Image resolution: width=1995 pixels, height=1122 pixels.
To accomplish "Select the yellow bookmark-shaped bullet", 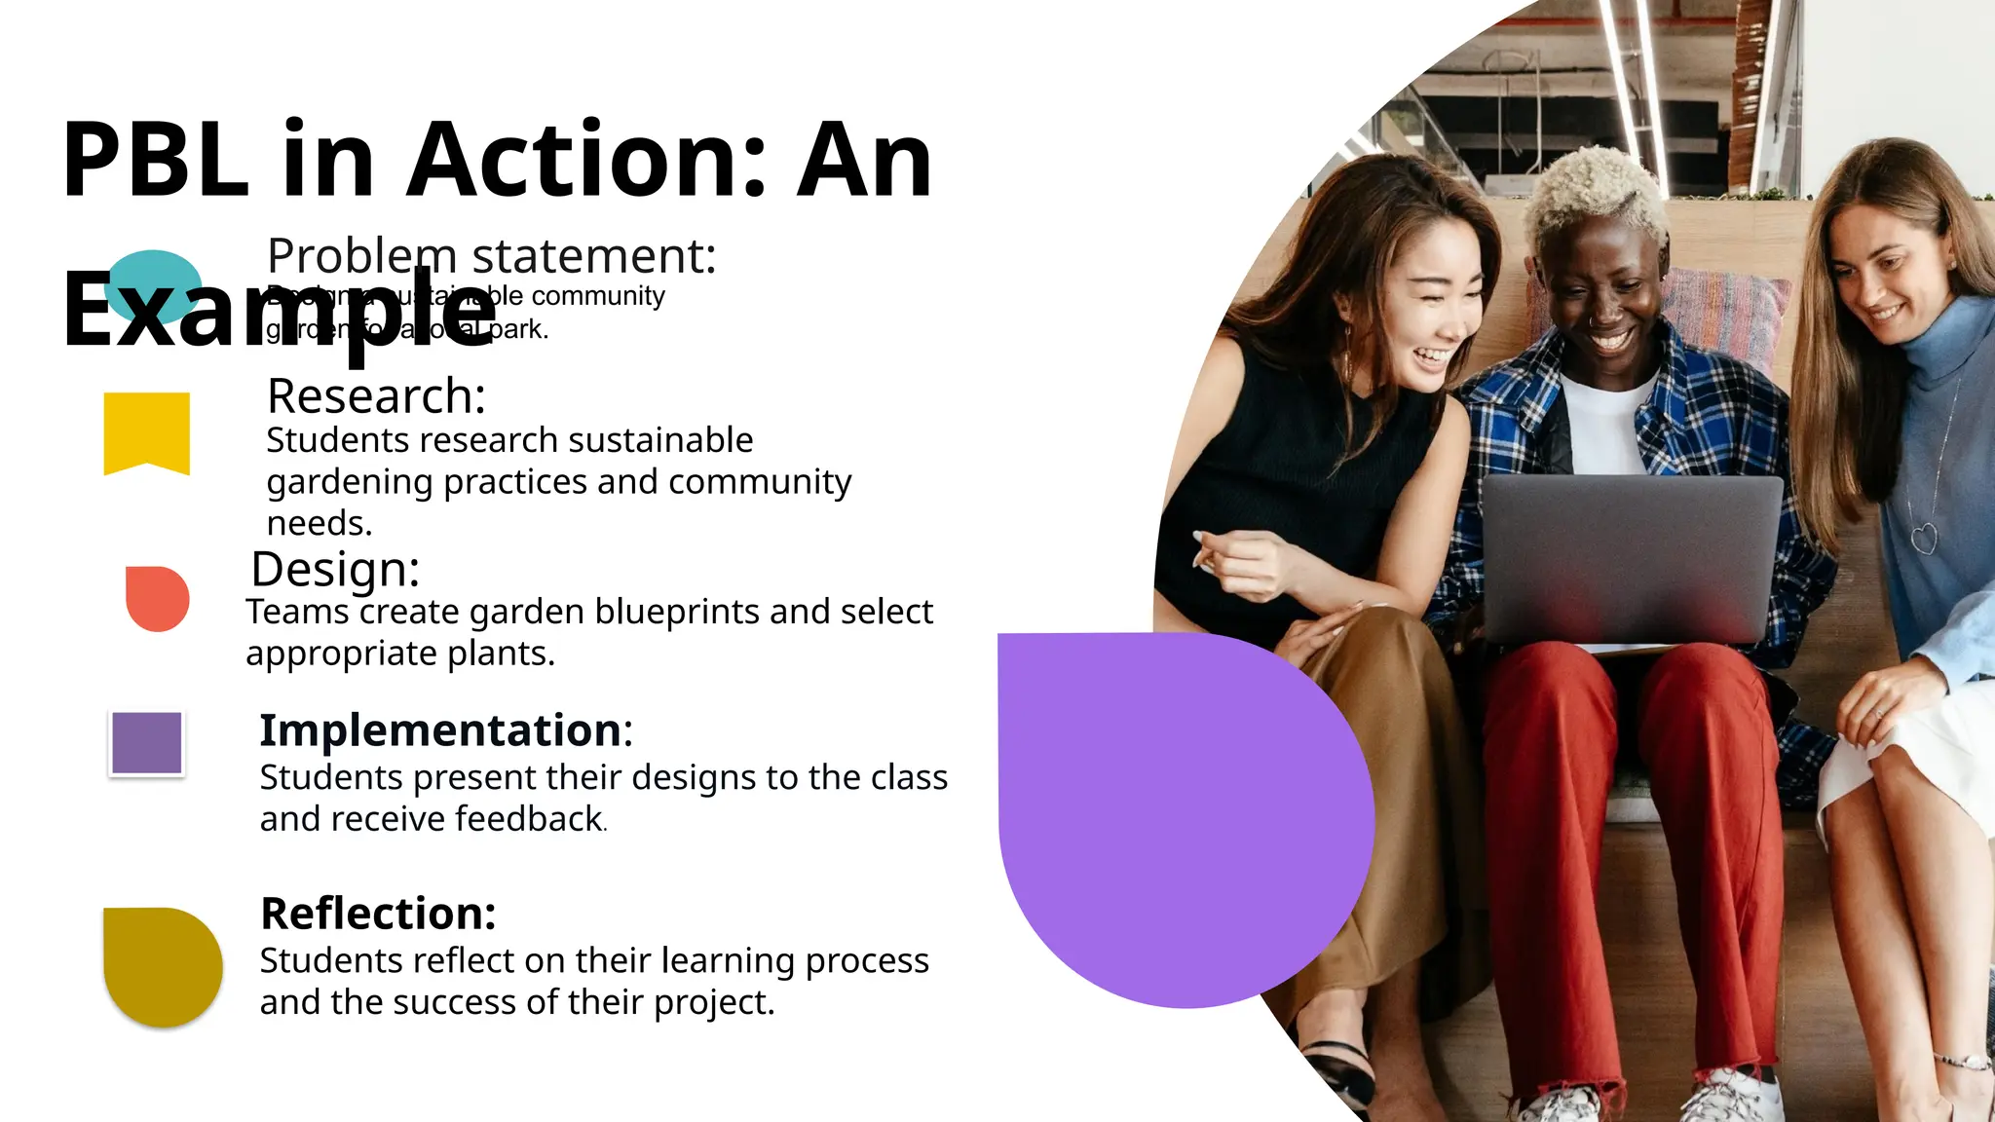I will coord(146,430).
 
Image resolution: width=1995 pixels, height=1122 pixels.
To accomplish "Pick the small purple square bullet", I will coord(147,743).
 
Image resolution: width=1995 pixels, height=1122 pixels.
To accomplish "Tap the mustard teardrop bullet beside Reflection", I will coord(161,964).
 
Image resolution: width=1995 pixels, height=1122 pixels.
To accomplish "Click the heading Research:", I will coord(376,396).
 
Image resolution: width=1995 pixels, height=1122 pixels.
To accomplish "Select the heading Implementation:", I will coord(445,730).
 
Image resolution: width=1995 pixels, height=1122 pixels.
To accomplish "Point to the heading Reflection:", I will coord(378,914).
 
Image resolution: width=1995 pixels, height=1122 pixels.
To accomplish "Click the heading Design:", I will coord(335,569).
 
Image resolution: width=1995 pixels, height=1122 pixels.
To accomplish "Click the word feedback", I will coord(529,819).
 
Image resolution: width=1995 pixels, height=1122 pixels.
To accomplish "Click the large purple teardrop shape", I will coord(1169,808).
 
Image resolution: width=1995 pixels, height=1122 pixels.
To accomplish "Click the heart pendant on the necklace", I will coord(1924,538).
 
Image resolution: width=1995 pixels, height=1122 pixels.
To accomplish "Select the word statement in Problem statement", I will coord(593,256).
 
